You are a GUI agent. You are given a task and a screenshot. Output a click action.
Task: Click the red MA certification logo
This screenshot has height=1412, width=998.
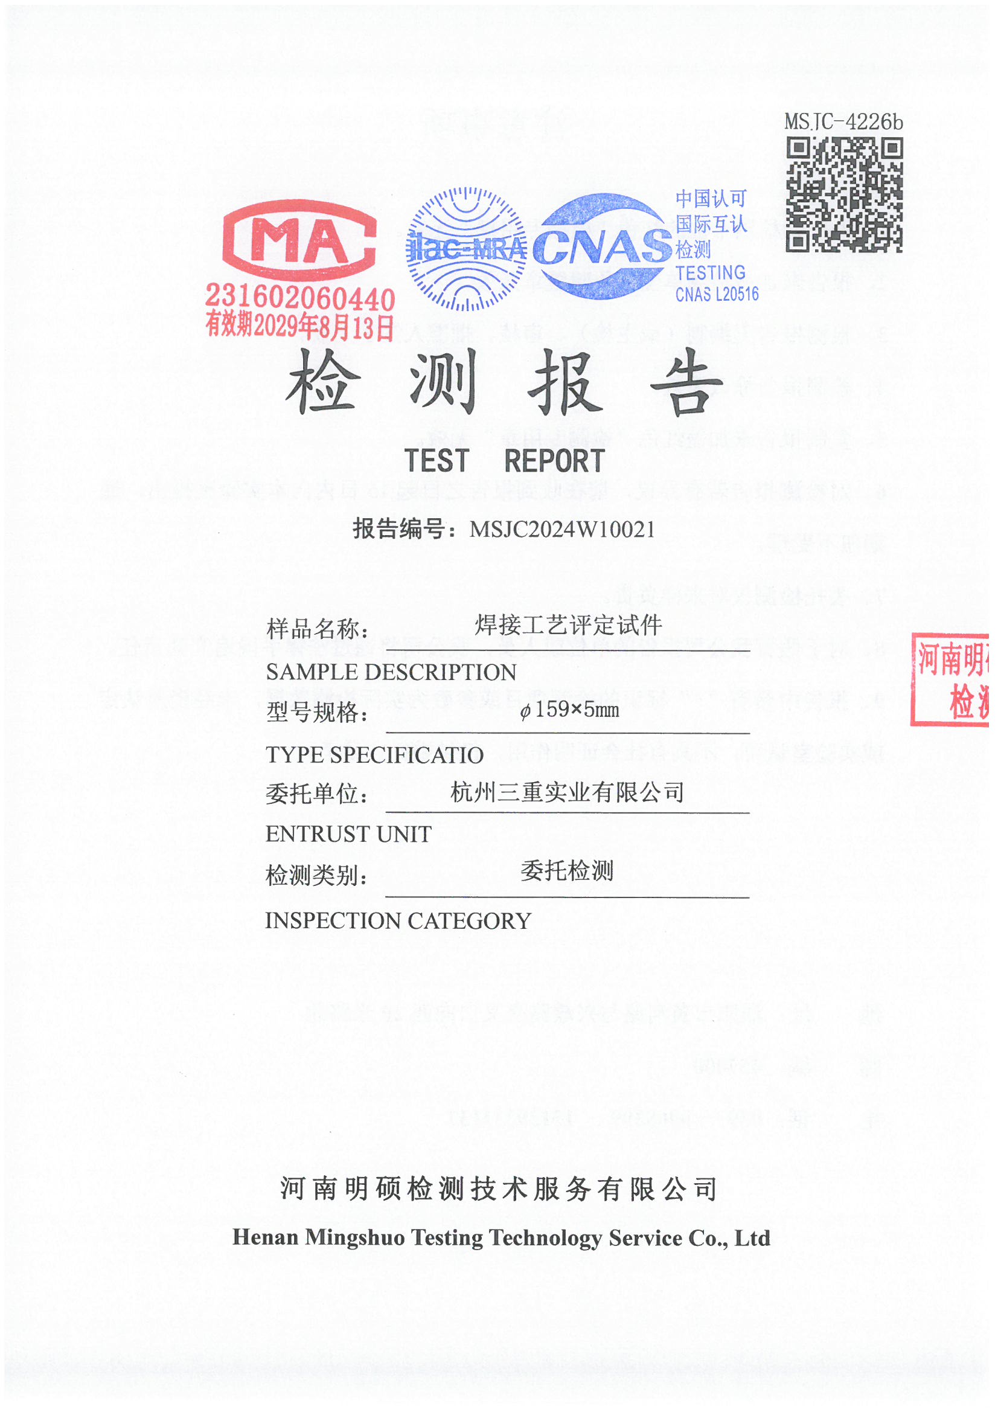(299, 240)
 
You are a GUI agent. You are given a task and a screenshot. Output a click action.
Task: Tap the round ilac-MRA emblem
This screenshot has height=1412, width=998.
(466, 249)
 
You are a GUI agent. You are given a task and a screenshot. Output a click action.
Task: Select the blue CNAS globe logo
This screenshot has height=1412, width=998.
(601, 246)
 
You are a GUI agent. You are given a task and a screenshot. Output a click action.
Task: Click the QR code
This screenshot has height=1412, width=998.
(843, 195)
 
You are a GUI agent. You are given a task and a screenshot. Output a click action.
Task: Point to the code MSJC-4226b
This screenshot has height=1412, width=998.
(843, 123)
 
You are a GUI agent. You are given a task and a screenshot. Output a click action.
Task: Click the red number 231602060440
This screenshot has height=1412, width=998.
(299, 298)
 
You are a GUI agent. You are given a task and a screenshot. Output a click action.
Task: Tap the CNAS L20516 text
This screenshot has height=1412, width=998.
(717, 295)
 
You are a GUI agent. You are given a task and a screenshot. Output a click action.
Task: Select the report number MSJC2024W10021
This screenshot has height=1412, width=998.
(562, 530)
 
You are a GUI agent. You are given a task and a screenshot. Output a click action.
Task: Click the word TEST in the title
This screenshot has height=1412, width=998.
(437, 461)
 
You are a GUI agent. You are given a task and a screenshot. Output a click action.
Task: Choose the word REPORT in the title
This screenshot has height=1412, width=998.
(555, 461)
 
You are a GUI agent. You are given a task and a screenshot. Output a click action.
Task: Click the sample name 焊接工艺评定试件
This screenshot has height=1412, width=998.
(568, 626)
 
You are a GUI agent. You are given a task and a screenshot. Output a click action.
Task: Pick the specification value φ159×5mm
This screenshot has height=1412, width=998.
(569, 710)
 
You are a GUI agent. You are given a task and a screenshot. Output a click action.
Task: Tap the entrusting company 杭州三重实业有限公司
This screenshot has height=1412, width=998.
(567, 792)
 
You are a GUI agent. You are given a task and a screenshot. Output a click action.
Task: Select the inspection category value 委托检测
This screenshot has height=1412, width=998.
(567, 871)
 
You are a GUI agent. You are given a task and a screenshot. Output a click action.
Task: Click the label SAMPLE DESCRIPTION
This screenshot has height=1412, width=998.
(391, 672)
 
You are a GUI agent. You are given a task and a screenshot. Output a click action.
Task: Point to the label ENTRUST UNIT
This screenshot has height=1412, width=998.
(348, 835)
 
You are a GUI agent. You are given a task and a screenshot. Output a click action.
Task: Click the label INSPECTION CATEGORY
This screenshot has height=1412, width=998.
(398, 921)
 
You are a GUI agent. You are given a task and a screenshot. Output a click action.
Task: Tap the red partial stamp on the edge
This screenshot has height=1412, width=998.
(950, 679)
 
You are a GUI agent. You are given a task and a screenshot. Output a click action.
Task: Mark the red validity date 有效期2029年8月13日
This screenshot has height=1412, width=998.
(299, 326)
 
